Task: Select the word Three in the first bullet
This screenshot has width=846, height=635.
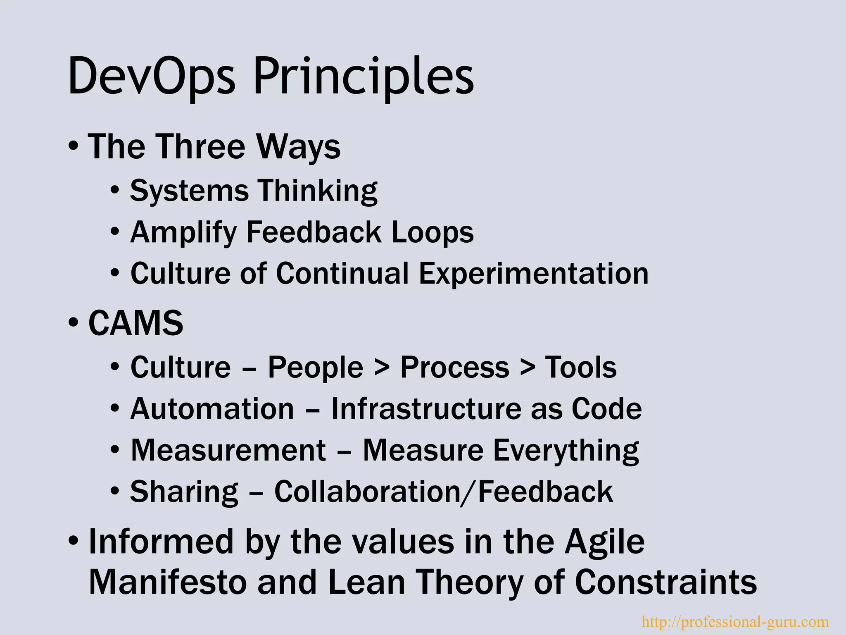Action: tap(201, 147)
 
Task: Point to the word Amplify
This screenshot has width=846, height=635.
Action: tap(183, 232)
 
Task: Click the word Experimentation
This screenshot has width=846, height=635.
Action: tap(534, 274)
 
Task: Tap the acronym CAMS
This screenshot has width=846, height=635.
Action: tap(136, 323)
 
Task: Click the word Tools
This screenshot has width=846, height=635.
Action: tap(581, 367)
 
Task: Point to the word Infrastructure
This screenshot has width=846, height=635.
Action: tap(426, 409)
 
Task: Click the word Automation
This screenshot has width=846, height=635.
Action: tap(212, 409)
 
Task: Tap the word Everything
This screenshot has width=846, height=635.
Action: tap(566, 450)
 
